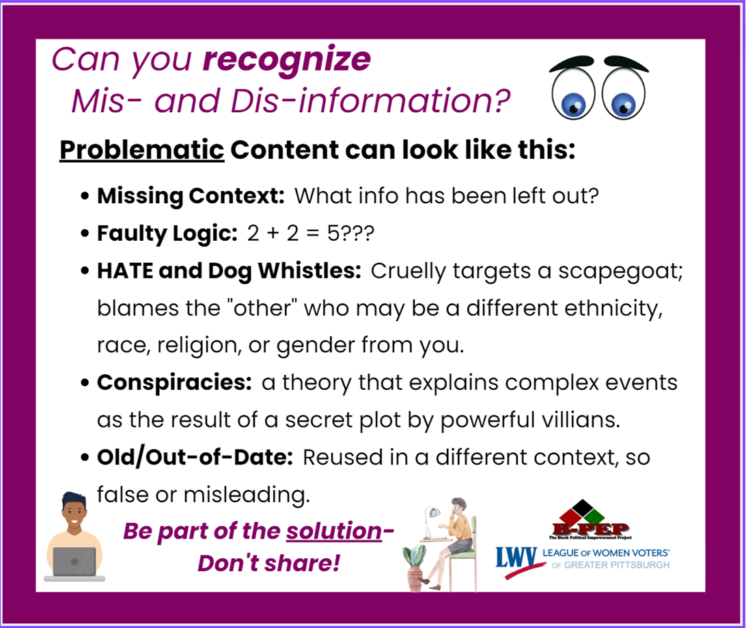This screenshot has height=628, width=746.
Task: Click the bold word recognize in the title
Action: [x=286, y=60]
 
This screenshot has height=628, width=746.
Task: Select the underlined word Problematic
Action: [x=142, y=151]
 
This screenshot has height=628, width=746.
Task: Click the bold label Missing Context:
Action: [x=191, y=196]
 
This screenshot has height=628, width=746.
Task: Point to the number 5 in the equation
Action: [x=333, y=233]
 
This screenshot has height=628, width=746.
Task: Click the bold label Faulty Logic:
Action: [x=167, y=233]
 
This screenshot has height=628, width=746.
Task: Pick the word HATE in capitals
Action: [x=125, y=271]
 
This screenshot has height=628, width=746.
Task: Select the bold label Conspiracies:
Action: [x=174, y=382]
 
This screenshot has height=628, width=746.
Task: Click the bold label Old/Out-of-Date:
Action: [x=195, y=458]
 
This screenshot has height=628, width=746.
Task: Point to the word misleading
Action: [x=247, y=495]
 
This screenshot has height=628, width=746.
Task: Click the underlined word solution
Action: [x=334, y=532]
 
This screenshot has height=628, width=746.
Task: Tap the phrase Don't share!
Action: [x=268, y=563]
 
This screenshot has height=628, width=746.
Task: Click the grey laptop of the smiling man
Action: [x=74, y=562]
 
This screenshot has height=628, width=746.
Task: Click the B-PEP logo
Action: [x=590, y=519]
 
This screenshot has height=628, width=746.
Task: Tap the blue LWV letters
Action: [x=516, y=558]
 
